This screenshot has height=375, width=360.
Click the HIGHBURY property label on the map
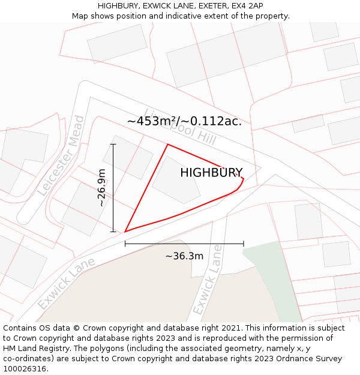tap(211, 173)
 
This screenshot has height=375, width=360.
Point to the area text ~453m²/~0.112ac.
tap(184, 121)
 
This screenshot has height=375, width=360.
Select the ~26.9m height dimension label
tap(101, 188)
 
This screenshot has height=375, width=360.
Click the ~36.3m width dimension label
tap(184, 256)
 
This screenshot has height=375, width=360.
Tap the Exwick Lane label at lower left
tap(66, 284)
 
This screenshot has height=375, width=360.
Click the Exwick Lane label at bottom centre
tap(208, 280)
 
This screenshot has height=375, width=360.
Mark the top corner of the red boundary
tap(167, 145)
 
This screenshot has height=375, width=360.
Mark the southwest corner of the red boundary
tap(125, 231)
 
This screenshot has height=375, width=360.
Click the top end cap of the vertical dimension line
tap(113, 144)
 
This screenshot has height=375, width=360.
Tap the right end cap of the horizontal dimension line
tap(244, 243)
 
